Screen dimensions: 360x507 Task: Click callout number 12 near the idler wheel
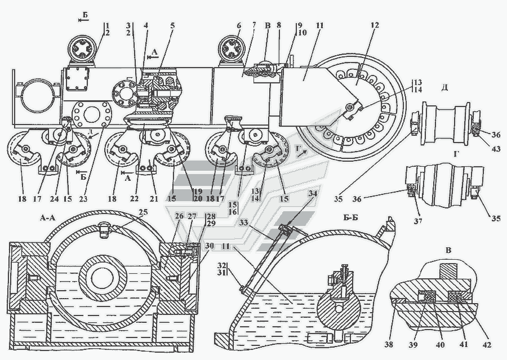[x=374, y=26]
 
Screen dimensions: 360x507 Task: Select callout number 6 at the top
[x=238, y=26]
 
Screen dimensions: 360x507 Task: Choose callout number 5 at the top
[x=172, y=26]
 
